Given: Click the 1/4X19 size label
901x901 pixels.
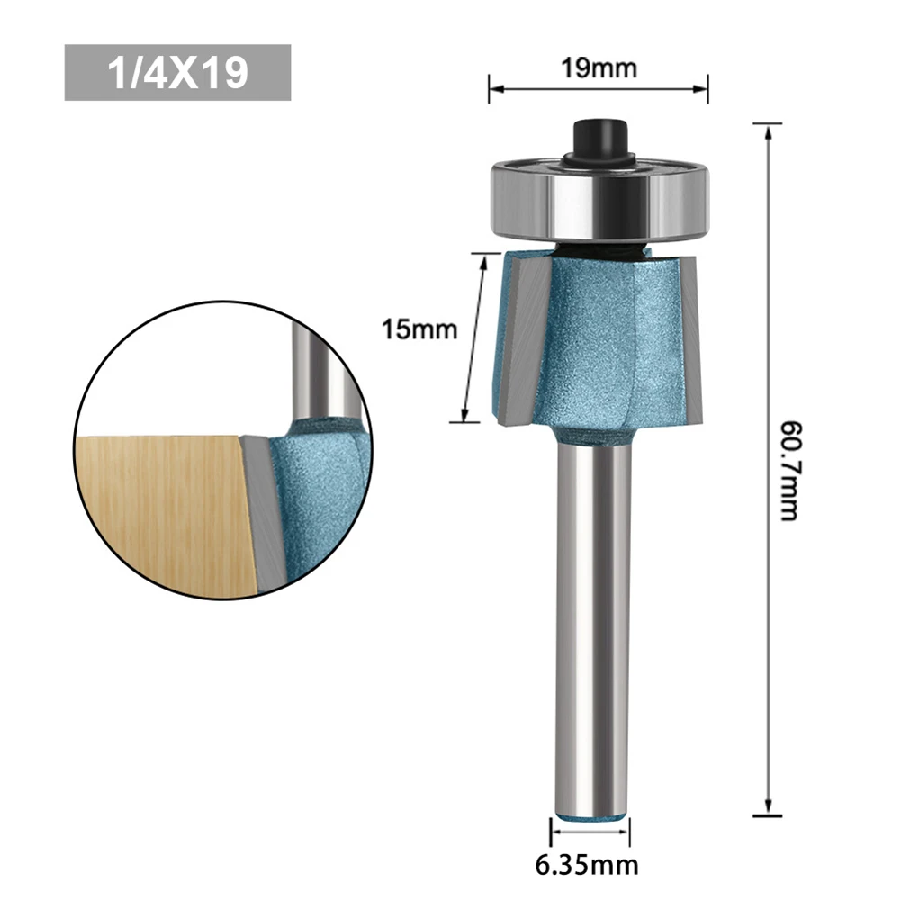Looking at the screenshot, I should point(177,73).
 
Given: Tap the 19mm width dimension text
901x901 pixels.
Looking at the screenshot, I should point(598,68).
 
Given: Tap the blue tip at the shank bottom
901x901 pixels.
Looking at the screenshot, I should point(590,815).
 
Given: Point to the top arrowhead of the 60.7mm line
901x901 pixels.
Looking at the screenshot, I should point(767,130).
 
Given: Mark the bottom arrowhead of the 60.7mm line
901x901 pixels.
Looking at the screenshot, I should point(767,810).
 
